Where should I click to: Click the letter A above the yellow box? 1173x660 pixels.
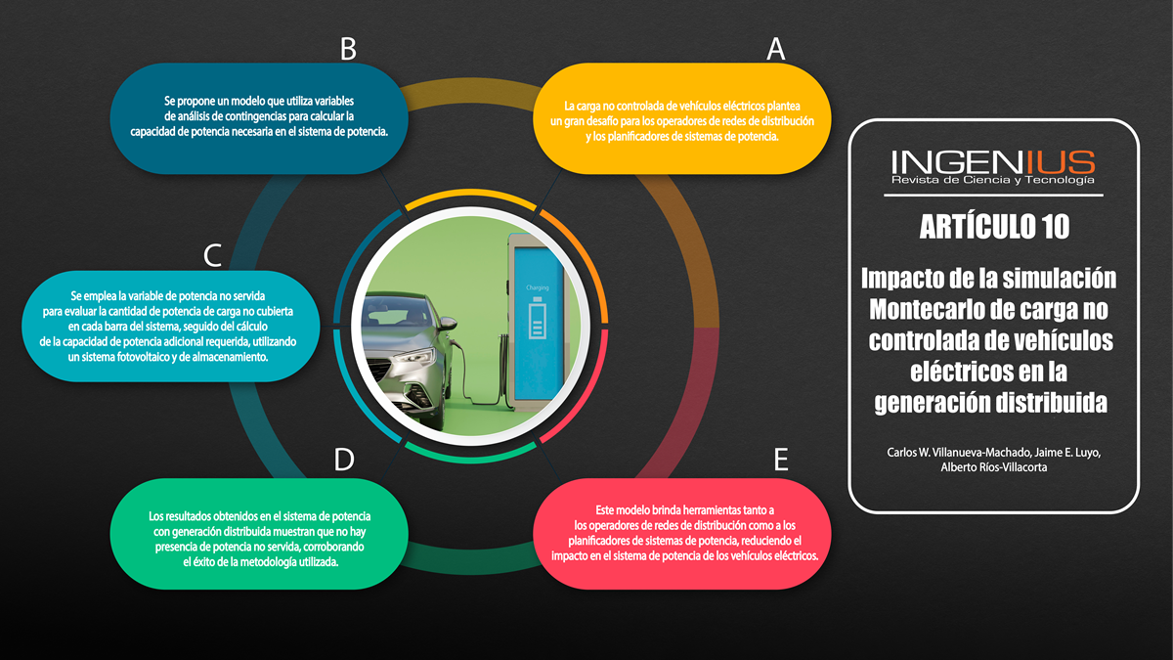775,49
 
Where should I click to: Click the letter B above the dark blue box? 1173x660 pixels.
348,49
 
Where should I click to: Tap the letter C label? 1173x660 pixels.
213,256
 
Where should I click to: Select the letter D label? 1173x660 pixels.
343,460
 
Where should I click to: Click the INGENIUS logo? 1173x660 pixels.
993,161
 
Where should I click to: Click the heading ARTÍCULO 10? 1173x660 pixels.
994,227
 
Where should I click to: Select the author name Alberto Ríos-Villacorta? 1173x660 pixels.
994,467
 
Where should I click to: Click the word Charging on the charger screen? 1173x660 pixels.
538,288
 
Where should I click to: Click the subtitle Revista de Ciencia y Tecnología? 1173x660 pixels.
993,180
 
